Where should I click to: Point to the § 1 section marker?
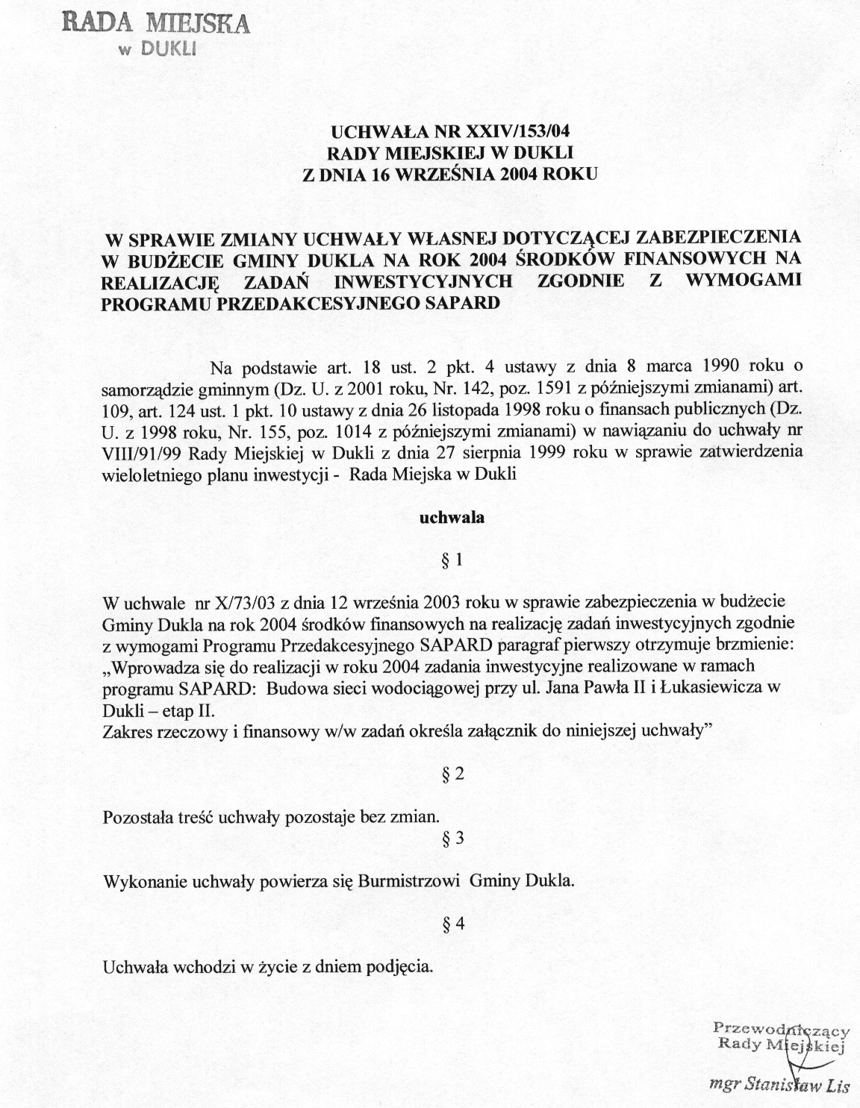pyautogui.click(x=453, y=560)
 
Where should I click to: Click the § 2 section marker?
pyautogui.click(x=453, y=774)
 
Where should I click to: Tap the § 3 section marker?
pyautogui.click(x=453, y=838)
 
